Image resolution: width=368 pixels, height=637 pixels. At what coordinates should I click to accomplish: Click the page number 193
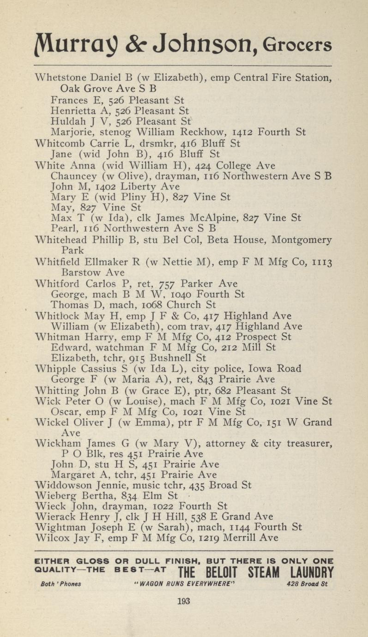coord(184,601)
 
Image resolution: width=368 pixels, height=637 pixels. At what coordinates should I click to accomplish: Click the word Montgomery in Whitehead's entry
coord(302,240)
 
